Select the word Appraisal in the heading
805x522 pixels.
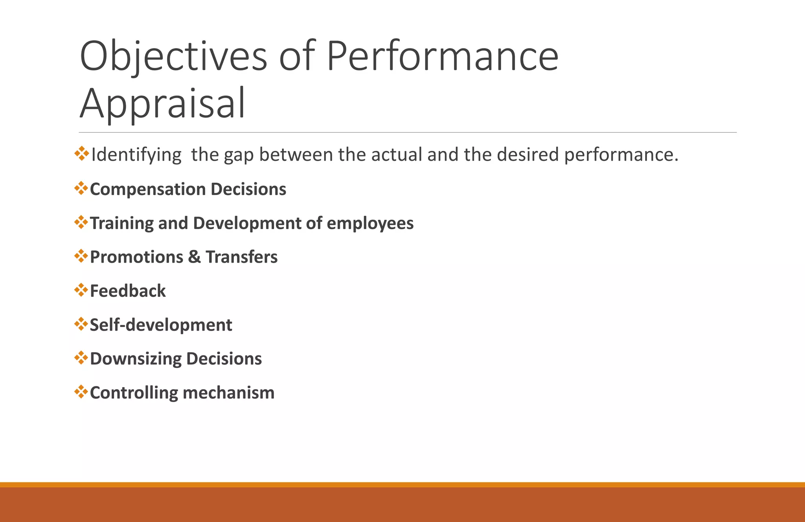(162, 103)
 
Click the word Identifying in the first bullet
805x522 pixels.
(136, 155)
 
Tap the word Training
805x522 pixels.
(121, 223)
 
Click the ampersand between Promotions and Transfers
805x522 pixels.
(194, 257)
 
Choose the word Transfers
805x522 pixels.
(241, 257)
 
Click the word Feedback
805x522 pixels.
(128, 291)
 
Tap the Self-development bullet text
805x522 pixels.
(161, 325)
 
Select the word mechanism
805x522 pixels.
(228, 393)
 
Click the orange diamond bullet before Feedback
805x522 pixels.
(81, 290)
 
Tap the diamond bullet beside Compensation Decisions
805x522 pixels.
(81, 188)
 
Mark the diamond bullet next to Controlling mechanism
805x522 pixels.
(81, 392)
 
